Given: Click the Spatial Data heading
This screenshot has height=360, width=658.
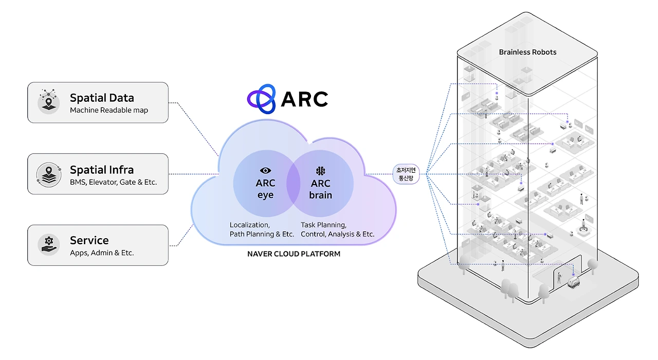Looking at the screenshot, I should tap(102, 98).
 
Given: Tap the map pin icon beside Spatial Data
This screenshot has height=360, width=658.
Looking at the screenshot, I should tap(48, 101).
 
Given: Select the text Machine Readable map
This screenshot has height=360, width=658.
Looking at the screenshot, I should tap(109, 110).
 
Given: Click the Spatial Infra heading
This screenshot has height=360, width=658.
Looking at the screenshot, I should tap(102, 170).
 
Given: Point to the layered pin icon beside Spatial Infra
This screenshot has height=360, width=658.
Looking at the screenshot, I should tap(48, 173).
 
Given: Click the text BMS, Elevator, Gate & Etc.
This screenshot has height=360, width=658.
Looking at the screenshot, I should tap(113, 182).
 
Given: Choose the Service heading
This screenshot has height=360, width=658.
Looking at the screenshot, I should tap(89, 240).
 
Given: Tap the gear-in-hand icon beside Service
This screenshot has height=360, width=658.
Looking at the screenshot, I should tap(48, 244).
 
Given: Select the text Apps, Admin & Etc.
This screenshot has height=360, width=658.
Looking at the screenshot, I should tap(102, 253).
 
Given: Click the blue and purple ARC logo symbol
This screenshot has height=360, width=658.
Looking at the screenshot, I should tap(262, 99).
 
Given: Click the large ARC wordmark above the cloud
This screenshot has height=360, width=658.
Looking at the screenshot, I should tap(304, 99).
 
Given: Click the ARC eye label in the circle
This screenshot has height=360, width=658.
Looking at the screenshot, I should tap(265, 189).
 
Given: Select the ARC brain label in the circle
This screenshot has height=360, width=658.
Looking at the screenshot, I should tap(321, 189).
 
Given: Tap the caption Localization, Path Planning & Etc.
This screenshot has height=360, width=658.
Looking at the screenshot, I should tap(262, 229).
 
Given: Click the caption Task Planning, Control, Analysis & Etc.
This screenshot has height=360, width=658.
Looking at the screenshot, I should tap(337, 229).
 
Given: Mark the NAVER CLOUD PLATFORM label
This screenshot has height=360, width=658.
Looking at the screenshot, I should tap(294, 254).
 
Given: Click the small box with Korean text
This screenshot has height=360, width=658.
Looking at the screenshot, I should tap(406, 174).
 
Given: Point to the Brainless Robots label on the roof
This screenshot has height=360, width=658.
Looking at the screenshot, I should tap(527, 52).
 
